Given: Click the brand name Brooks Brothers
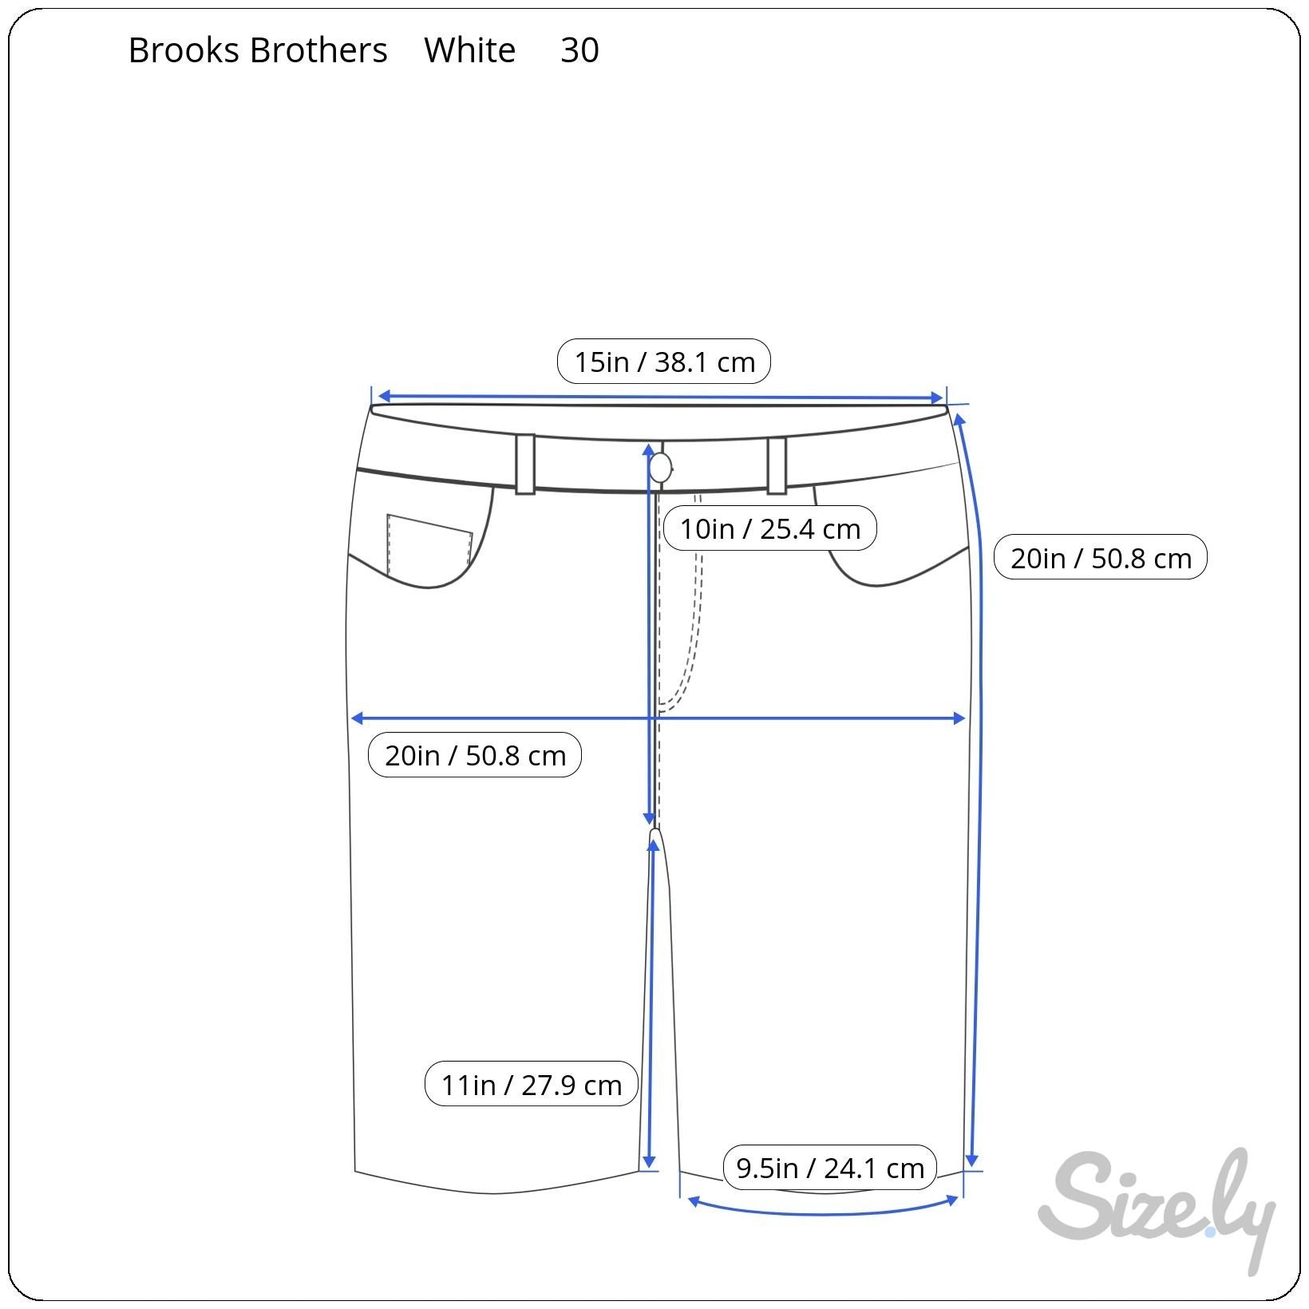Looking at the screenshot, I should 257,50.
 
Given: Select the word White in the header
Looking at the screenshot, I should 469,50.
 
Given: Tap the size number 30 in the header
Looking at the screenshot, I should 579,50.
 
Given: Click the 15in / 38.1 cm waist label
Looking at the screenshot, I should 664,362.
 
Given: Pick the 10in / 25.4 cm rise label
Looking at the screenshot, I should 769,528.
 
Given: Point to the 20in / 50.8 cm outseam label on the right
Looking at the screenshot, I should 1100,557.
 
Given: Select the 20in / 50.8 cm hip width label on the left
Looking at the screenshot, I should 475,755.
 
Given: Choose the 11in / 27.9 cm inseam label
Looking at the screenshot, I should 531,1085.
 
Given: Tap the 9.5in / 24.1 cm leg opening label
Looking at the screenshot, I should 829,1168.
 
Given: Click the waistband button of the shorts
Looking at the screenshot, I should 660,468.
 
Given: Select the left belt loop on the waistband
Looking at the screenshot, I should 524,464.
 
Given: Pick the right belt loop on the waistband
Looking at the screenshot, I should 777,465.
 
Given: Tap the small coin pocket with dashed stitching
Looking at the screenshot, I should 429,543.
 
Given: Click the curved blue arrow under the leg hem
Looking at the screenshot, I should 822,1212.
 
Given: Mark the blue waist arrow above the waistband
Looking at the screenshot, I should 659,397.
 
